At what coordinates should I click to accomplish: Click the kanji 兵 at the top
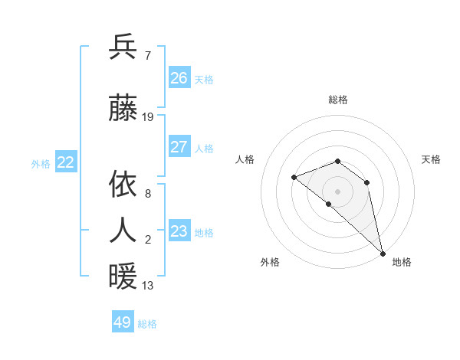pos(123,47)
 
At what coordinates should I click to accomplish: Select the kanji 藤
pos(123,110)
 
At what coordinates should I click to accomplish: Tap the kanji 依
pos(123,184)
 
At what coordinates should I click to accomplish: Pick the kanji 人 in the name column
pos(123,230)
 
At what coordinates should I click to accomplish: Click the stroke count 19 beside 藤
pos(148,117)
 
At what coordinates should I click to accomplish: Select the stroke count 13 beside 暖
pos(148,286)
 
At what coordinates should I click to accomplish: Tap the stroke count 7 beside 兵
pos(147,55)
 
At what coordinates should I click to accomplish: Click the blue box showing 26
pos(179,77)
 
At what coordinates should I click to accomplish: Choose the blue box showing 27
pos(179,147)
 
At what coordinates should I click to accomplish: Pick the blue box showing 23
pos(179,231)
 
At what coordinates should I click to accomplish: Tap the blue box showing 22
pos(66,162)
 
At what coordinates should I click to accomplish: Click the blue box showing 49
pos(122,322)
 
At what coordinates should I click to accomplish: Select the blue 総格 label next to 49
pos(147,324)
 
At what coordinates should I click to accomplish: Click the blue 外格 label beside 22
pos(41,163)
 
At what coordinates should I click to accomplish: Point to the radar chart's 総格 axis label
pos(337,100)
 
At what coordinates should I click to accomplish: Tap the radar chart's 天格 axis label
pos(431,159)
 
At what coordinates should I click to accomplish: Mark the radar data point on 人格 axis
pos(294,178)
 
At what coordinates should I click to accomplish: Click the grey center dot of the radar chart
pos(337,191)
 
